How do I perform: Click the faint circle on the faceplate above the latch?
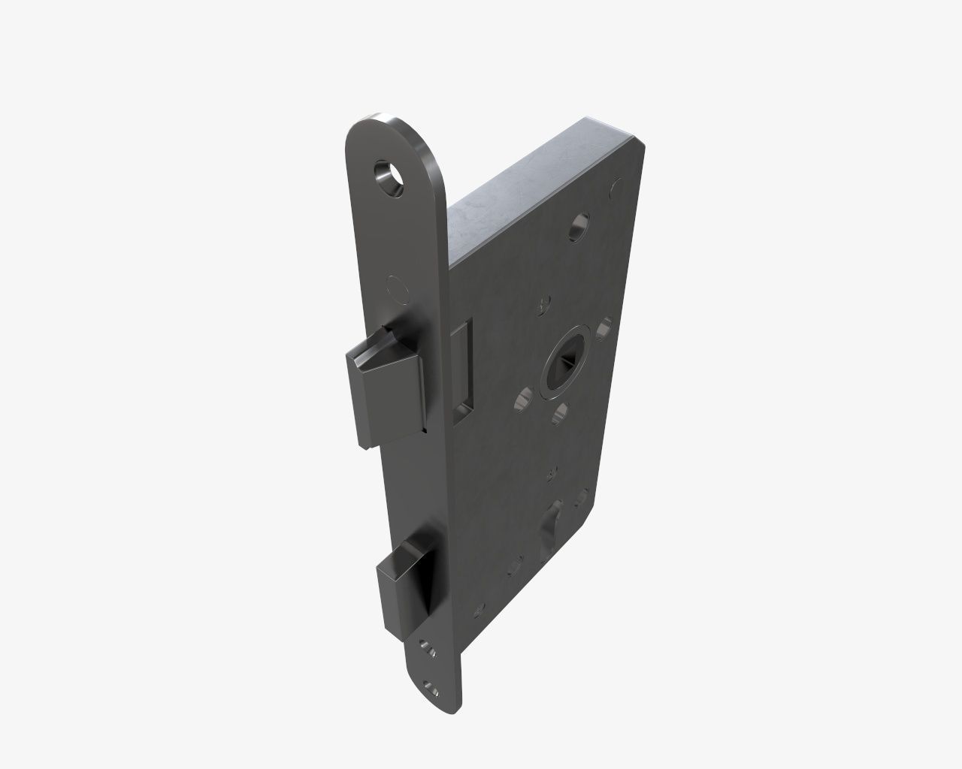pos(395,288)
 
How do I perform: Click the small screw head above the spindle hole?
pos(541,306)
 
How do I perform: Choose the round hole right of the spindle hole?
pos(604,327)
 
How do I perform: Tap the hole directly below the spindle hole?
pos(560,412)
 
